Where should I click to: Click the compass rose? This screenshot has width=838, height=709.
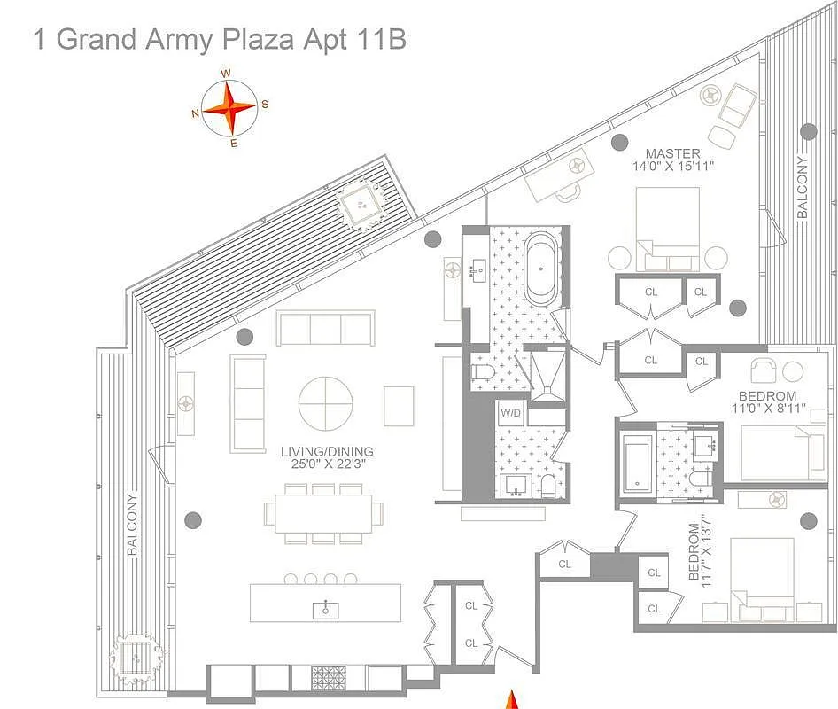click(x=229, y=108)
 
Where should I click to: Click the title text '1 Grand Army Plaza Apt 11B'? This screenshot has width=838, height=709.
click(x=220, y=40)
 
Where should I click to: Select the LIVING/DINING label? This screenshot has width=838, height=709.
click(x=327, y=450)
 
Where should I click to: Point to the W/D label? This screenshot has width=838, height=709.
click(x=510, y=412)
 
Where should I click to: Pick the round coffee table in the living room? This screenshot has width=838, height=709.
click(x=327, y=404)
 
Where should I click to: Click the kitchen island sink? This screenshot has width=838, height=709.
click(x=326, y=609)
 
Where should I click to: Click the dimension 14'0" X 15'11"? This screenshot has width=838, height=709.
click(x=672, y=167)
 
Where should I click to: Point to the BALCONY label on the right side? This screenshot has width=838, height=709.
click(x=803, y=187)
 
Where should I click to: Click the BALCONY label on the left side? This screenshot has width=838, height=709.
click(x=133, y=524)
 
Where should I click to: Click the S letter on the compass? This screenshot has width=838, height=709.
click(x=265, y=105)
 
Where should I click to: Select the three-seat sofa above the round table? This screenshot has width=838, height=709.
click(x=325, y=328)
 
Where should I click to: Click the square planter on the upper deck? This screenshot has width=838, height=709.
click(x=361, y=206)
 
